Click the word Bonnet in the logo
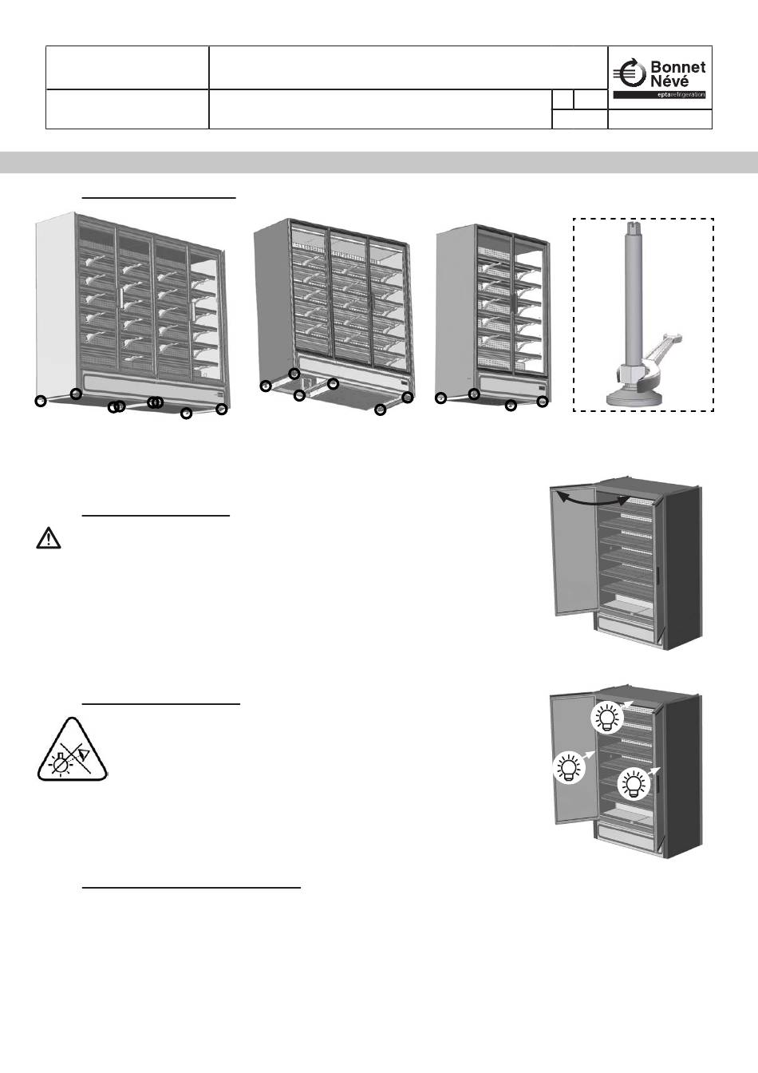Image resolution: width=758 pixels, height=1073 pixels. (x=678, y=67)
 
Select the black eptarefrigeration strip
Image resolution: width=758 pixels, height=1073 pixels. (x=659, y=95)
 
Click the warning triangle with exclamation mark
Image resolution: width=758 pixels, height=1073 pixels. (x=49, y=539)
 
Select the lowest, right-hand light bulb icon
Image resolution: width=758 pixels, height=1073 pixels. (x=634, y=783)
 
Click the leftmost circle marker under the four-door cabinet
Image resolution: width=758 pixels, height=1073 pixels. (x=41, y=402)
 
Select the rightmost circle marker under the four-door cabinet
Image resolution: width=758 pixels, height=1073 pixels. (x=222, y=410)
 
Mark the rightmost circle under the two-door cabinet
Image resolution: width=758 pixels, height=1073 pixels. (x=543, y=402)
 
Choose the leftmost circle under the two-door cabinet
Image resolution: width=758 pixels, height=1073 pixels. (x=440, y=398)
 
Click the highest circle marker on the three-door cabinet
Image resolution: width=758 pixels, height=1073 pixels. (x=294, y=374)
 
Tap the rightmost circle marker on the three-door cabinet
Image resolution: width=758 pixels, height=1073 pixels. (x=407, y=398)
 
